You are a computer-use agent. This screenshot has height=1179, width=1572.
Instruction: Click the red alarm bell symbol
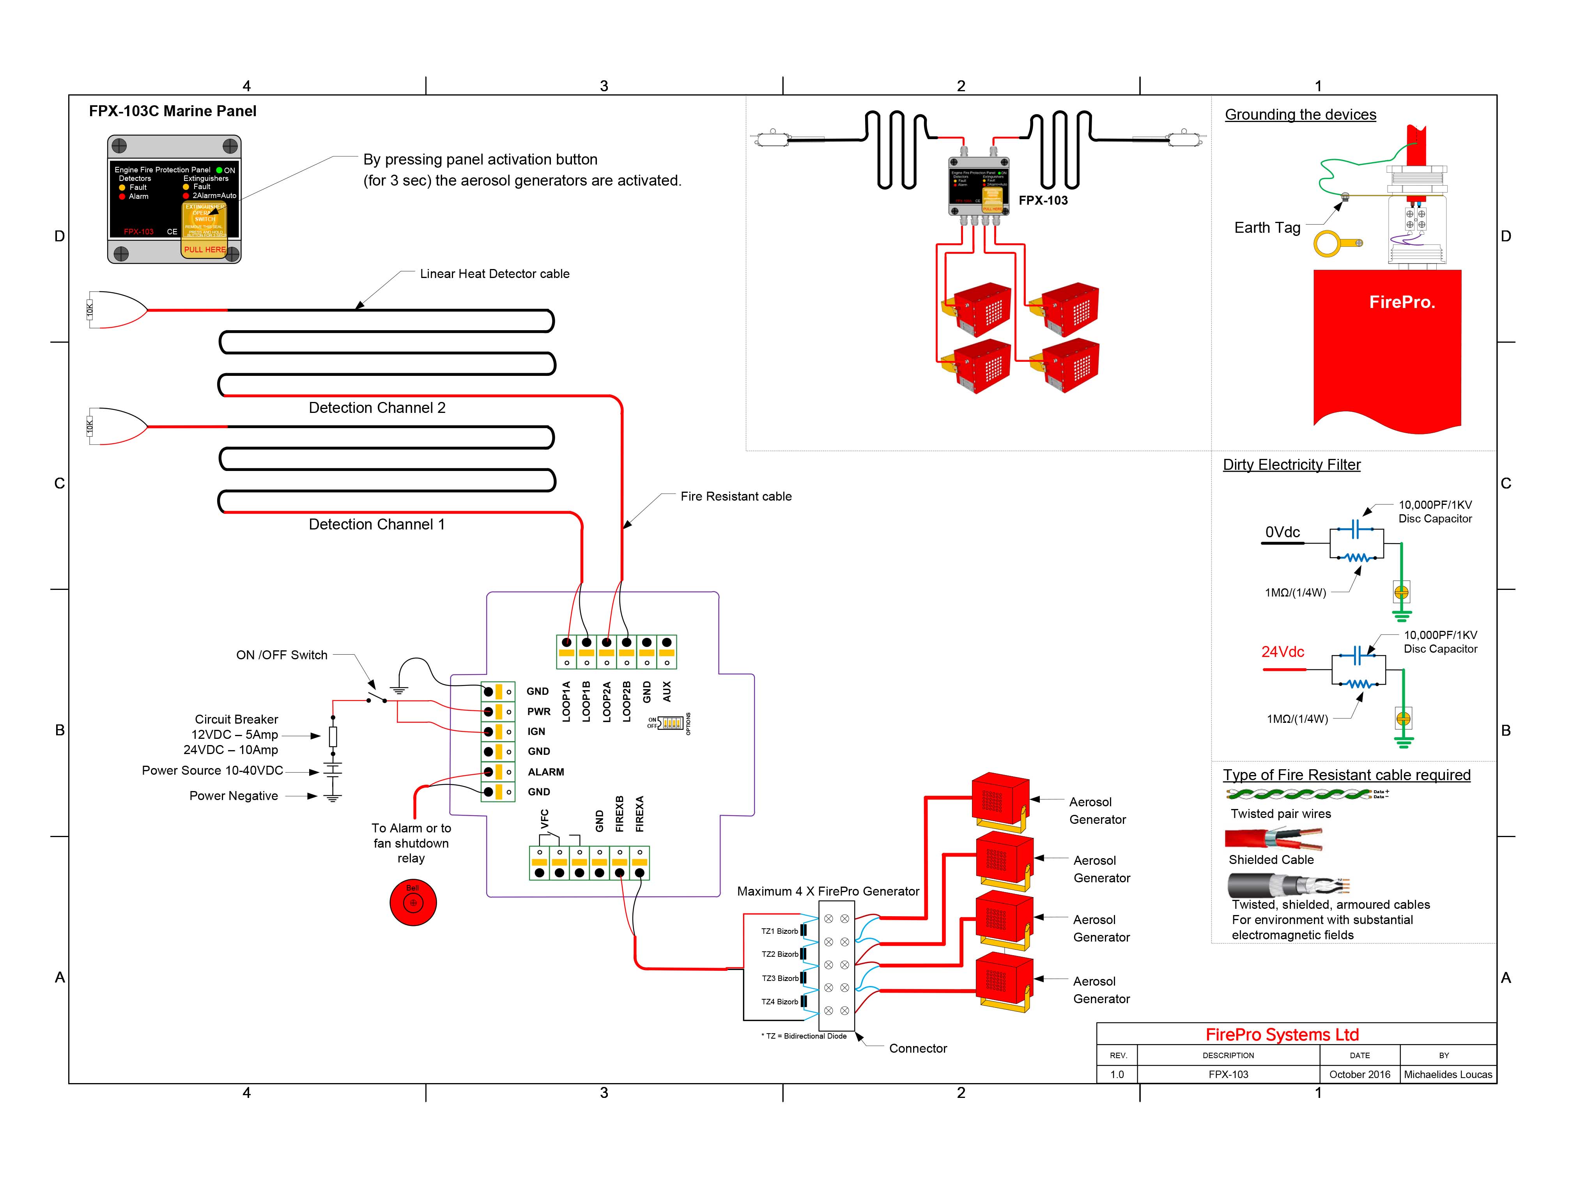413,903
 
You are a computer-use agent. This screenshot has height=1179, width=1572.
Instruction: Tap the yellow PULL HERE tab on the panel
205,250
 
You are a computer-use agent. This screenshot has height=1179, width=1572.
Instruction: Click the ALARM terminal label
546,772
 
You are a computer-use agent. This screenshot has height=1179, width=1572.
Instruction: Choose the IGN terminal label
536,731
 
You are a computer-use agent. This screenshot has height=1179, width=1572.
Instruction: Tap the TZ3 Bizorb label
780,979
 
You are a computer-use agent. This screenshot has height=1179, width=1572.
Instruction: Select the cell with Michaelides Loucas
1448,1075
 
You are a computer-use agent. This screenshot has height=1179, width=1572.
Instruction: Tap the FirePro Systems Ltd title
1282,1035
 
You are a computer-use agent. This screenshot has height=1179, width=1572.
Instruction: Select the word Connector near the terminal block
917,1048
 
